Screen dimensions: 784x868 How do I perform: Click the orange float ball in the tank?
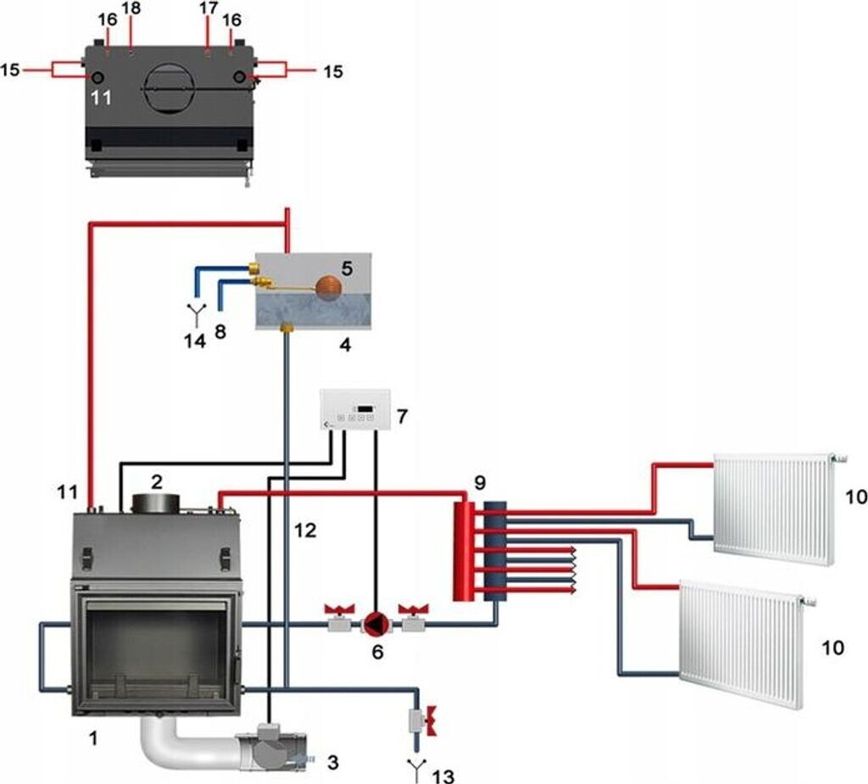pos(327,286)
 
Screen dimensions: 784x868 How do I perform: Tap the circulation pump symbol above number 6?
pos(374,625)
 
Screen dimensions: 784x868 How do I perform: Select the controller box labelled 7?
pos(354,410)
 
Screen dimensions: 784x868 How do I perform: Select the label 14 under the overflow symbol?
pos(196,342)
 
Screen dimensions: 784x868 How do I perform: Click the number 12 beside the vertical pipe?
pos(305,531)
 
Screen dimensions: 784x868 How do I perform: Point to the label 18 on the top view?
pos(131,8)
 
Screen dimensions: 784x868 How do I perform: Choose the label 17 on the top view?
pos(209,8)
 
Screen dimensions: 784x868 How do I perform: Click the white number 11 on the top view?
pos(101,97)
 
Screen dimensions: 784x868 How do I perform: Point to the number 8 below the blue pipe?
pos(220,332)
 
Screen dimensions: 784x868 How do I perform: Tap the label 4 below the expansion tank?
pos(343,344)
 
